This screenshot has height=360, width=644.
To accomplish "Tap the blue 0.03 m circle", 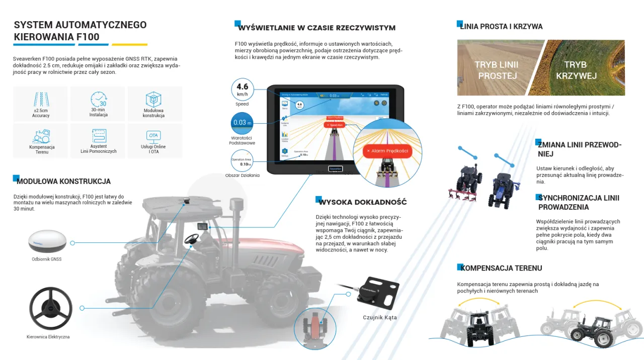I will (242, 123).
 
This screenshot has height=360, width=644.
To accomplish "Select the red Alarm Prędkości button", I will (387, 151).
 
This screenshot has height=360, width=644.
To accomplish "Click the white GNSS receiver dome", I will (47, 241).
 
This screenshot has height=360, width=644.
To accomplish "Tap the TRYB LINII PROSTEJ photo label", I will (497, 70).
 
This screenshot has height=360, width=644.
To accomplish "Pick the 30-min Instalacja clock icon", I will (99, 99).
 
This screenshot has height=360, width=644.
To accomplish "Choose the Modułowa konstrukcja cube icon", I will (153, 99).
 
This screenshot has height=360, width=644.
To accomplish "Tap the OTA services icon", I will (153, 136).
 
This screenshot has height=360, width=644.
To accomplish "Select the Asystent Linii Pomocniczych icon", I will (99, 136).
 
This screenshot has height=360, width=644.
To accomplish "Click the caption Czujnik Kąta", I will (380, 317).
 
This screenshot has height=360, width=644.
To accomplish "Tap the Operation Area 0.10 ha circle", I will (242, 162).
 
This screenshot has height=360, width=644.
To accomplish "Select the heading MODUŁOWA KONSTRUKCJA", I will (63, 182).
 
